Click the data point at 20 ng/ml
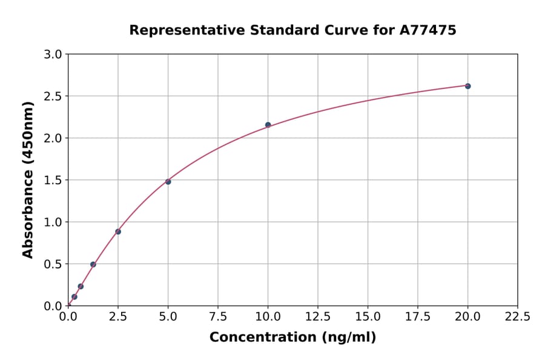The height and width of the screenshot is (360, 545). [467, 86]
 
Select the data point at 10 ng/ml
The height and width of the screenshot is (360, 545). [268, 125]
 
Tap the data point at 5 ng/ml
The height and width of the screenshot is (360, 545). [168, 182]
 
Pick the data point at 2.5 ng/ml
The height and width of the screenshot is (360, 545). [118, 232]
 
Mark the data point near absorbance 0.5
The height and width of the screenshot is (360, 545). [93, 264]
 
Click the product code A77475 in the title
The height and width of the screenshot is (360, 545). [428, 30]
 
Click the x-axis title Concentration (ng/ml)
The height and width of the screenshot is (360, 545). [292, 338]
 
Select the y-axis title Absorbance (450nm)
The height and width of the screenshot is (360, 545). [28, 179]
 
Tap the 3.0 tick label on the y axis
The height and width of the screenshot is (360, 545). [53, 55]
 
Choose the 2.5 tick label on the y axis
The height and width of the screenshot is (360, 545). [53, 96]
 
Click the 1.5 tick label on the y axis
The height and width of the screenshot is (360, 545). [53, 180]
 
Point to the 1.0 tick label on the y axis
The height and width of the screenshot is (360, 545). [53, 222]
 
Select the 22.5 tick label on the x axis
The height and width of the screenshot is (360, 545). [517, 317]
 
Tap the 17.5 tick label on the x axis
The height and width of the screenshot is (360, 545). [417, 317]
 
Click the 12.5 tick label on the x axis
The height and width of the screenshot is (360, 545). [317, 317]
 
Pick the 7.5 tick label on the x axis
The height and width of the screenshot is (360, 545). [218, 317]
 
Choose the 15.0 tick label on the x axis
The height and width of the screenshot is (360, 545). [368, 317]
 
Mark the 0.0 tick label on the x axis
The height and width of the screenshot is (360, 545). [68, 317]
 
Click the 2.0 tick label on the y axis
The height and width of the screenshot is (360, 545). [53, 138]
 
